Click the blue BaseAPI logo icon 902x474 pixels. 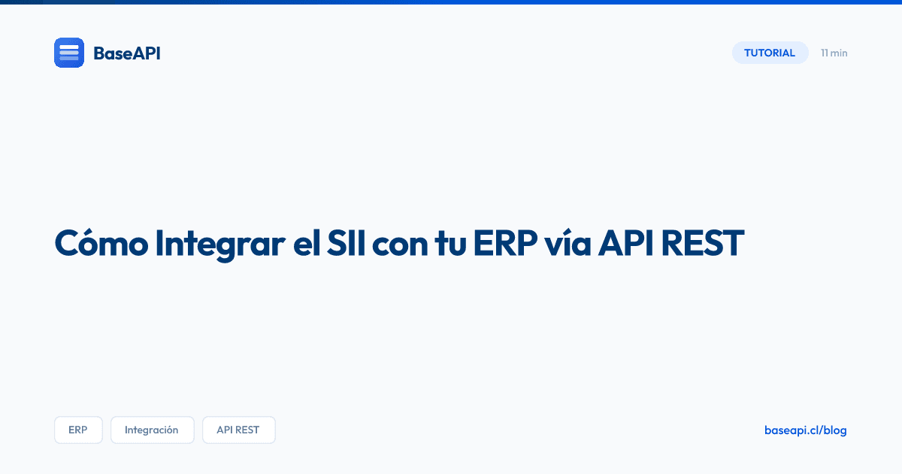tap(69, 53)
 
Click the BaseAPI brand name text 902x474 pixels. tap(126, 53)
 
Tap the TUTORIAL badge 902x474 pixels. tap(770, 53)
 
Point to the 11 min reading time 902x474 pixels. tap(834, 53)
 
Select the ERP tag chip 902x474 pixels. tap(78, 430)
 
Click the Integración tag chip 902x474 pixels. tap(152, 430)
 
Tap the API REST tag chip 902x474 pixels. tap(238, 430)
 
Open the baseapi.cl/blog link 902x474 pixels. tap(805, 430)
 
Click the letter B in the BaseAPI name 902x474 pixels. tap(98, 53)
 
